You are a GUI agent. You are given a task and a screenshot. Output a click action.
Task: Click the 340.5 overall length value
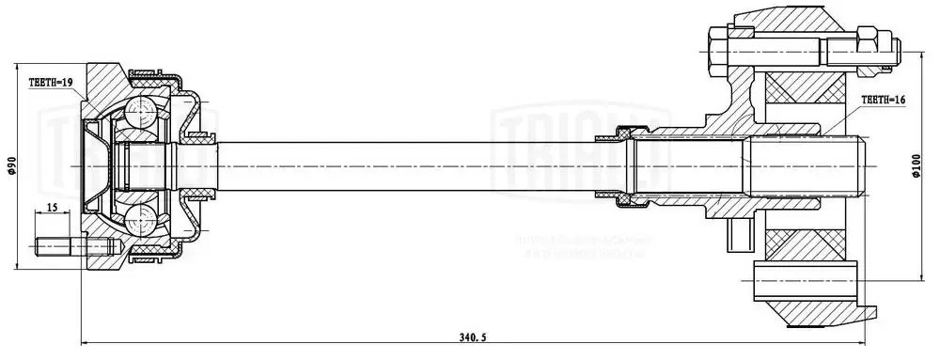[x=471, y=336]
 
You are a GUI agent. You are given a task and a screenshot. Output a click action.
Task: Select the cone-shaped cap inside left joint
[x=94, y=167]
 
